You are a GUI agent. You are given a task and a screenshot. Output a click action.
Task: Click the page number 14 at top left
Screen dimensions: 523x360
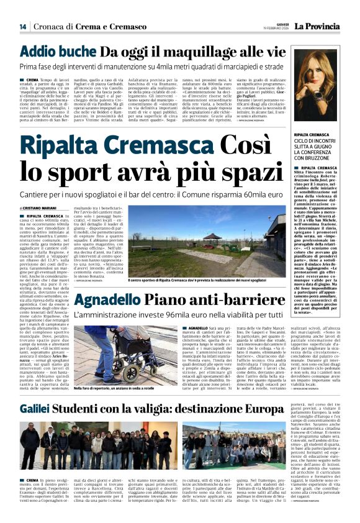pos(23,27)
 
